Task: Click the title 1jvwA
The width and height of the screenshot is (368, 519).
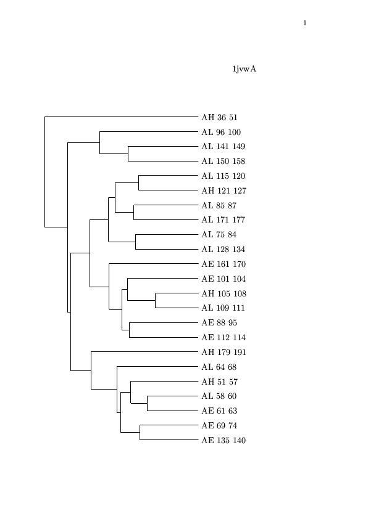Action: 244,69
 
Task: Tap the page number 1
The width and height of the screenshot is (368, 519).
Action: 304,23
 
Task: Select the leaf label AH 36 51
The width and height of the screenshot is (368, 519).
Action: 219,118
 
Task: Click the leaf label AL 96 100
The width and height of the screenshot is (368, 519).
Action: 221,133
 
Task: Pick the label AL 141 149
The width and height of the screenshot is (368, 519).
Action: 223,147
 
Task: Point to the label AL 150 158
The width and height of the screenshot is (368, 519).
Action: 223,161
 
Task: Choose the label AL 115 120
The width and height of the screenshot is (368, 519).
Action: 223,176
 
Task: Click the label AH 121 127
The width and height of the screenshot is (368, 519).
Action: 224,191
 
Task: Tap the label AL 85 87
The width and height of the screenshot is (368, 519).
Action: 219,206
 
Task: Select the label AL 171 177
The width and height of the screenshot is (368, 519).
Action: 223,220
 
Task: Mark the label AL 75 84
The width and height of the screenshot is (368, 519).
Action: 219,235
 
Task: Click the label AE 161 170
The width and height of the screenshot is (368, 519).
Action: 224,264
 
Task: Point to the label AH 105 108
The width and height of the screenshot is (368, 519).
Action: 224,294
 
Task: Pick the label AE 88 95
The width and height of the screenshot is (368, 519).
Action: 219,323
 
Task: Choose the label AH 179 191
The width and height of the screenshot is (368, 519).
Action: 224,353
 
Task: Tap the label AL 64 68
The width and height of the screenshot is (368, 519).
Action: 219,367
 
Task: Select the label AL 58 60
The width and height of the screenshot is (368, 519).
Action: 219,396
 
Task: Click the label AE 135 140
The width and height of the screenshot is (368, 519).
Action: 224,441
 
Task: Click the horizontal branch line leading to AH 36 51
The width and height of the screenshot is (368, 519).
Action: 122,117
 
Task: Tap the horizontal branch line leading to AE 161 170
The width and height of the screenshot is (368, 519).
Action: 154,264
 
